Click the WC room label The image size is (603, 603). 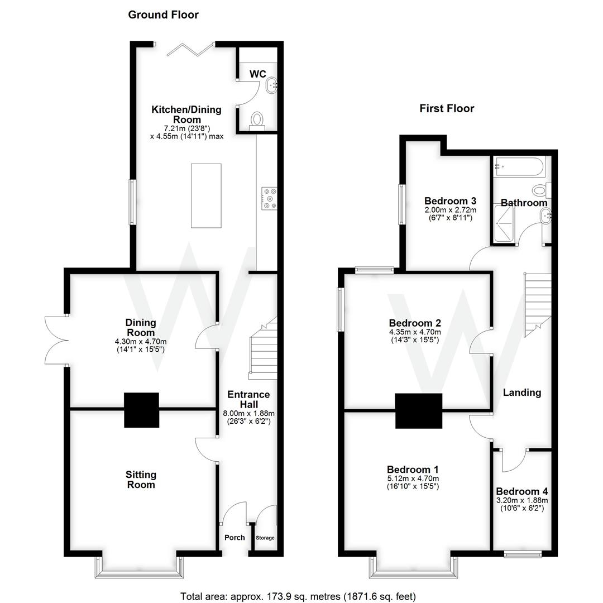click(x=257, y=74)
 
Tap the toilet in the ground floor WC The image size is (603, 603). click(x=257, y=119)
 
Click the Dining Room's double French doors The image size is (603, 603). click(x=56, y=340)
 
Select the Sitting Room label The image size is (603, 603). click(x=141, y=480)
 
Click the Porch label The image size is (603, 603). click(x=234, y=538)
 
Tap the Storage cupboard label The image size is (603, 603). click(x=265, y=538)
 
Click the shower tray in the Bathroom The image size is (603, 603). click(x=505, y=224)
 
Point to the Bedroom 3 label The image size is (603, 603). click(x=450, y=201)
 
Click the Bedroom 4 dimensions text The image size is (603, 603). click(x=522, y=505)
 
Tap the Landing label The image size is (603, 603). click(x=522, y=393)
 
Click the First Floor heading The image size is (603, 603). click(x=447, y=108)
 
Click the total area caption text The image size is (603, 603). click(x=298, y=596)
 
